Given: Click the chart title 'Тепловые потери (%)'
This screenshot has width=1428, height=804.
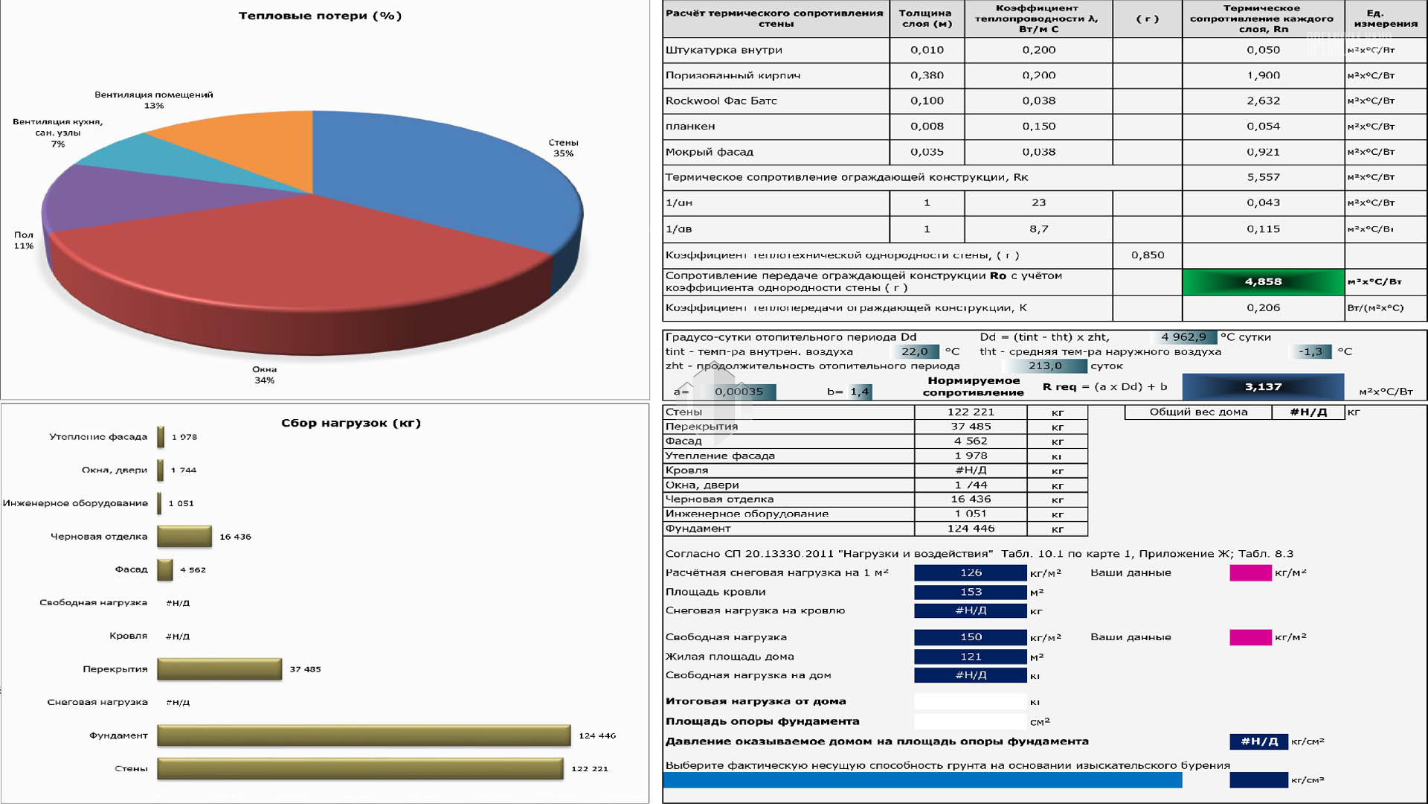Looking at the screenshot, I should pyautogui.click(x=320, y=16).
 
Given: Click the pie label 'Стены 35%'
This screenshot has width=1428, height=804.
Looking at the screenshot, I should pyautogui.click(x=563, y=148).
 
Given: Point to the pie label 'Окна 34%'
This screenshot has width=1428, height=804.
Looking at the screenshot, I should pyautogui.click(x=264, y=374).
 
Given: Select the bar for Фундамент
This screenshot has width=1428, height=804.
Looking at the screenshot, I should pyautogui.click(x=364, y=736).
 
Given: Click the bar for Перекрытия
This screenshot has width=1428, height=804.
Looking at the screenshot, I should pyautogui.click(x=219, y=669).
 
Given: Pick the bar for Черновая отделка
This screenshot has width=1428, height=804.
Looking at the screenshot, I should pyautogui.click(x=184, y=536).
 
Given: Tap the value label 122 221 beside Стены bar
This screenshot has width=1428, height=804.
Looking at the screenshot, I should pyautogui.click(x=589, y=768).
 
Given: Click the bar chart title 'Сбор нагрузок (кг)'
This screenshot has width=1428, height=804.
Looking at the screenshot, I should pyautogui.click(x=351, y=423).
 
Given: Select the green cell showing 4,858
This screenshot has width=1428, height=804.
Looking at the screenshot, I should pyautogui.click(x=1263, y=281).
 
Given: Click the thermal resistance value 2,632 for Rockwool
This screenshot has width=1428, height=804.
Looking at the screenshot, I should pyautogui.click(x=1263, y=100).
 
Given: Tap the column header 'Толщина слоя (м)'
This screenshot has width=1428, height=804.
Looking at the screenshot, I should pyautogui.click(x=926, y=18).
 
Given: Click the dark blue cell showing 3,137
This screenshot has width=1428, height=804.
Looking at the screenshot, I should pyautogui.click(x=1263, y=386).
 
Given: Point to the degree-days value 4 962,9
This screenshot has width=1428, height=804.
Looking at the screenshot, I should pyautogui.click(x=1183, y=337).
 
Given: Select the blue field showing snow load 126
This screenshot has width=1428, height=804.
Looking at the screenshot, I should pyautogui.click(x=971, y=572).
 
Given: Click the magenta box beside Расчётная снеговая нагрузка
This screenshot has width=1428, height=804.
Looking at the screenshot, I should pyautogui.click(x=1250, y=572).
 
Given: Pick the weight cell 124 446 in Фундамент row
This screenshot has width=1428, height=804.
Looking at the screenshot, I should pyautogui.click(x=971, y=529).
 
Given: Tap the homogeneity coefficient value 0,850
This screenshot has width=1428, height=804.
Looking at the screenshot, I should pyautogui.click(x=1148, y=255).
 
